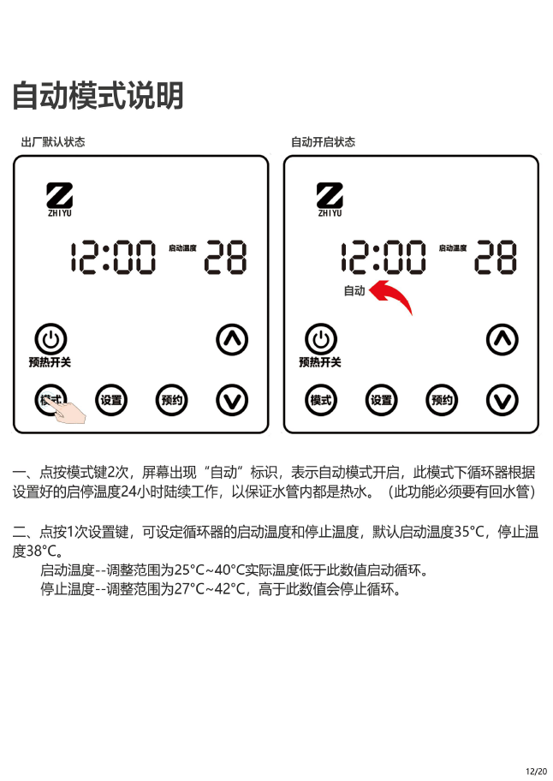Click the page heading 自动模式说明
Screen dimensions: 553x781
coord(98,95)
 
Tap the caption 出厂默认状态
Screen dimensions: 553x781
coord(53,142)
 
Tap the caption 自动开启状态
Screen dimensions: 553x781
coord(323,142)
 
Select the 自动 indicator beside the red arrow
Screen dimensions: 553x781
coord(354,290)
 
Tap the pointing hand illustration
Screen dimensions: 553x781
coord(67,411)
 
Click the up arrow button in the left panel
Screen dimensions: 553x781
coord(232,339)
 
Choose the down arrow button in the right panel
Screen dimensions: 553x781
coord(502,400)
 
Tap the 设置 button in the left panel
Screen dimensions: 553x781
coord(111,400)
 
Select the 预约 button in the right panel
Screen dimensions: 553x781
coord(442,400)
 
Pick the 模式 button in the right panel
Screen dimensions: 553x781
coord(320,400)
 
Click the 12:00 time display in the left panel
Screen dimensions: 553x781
coord(113,257)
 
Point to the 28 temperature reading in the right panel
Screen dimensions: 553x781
coord(496,257)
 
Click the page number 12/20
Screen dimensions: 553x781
coord(536,772)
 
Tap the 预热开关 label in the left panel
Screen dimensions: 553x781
coord(50,362)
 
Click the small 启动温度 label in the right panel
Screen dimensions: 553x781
coord(453,248)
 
